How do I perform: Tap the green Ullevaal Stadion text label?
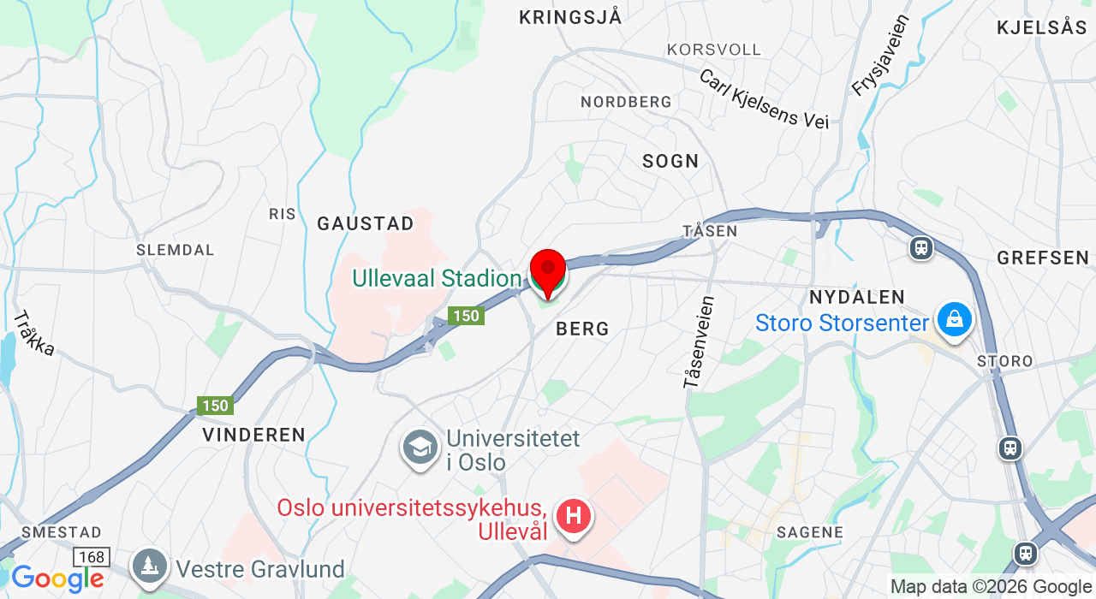(x=437, y=279)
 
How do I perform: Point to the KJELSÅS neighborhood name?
(x=1041, y=27)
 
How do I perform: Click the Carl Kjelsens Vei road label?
(x=764, y=99)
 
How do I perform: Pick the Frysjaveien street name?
(x=880, y=55)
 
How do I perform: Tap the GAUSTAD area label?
(x=366, y=224)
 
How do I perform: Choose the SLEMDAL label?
(x=176, y=250)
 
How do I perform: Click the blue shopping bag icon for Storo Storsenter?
(x=954, y=320)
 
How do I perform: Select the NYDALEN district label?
(x=857, y=298)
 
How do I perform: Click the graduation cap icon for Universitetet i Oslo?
(x=420, y=448)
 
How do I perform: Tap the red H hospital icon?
(x=574, y=517)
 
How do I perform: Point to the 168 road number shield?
(x=91, y=558)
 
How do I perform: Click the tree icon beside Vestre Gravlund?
(x=150, y=566)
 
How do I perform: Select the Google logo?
(x=57, y=578)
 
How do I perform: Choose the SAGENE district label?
(x=810, y=532)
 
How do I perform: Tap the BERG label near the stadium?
(x=582, y=329)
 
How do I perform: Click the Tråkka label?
(x=34, y=333)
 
